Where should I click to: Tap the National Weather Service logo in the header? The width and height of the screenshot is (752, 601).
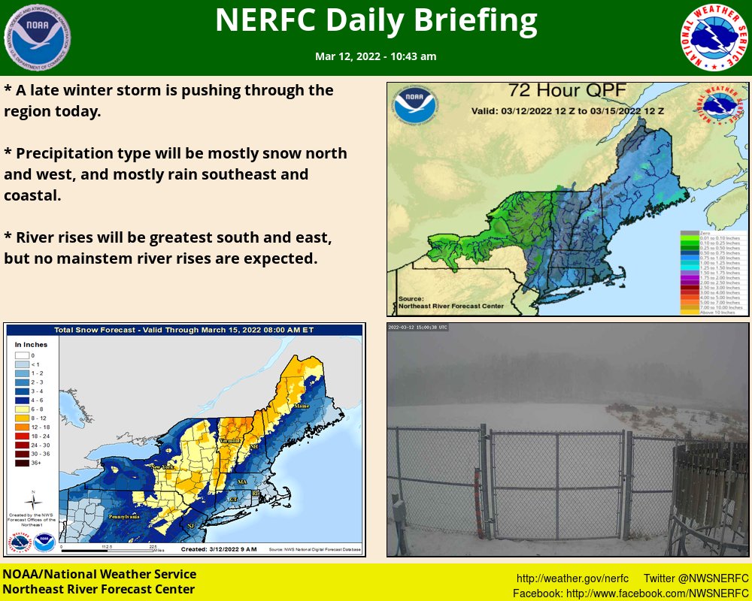714,37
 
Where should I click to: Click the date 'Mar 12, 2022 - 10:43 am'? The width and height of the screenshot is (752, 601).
376,56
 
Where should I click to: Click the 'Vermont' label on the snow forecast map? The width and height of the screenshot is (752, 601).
230,440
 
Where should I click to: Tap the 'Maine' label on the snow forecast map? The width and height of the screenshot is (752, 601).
301,406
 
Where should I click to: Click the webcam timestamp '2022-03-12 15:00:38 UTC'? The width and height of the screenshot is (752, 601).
418,328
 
